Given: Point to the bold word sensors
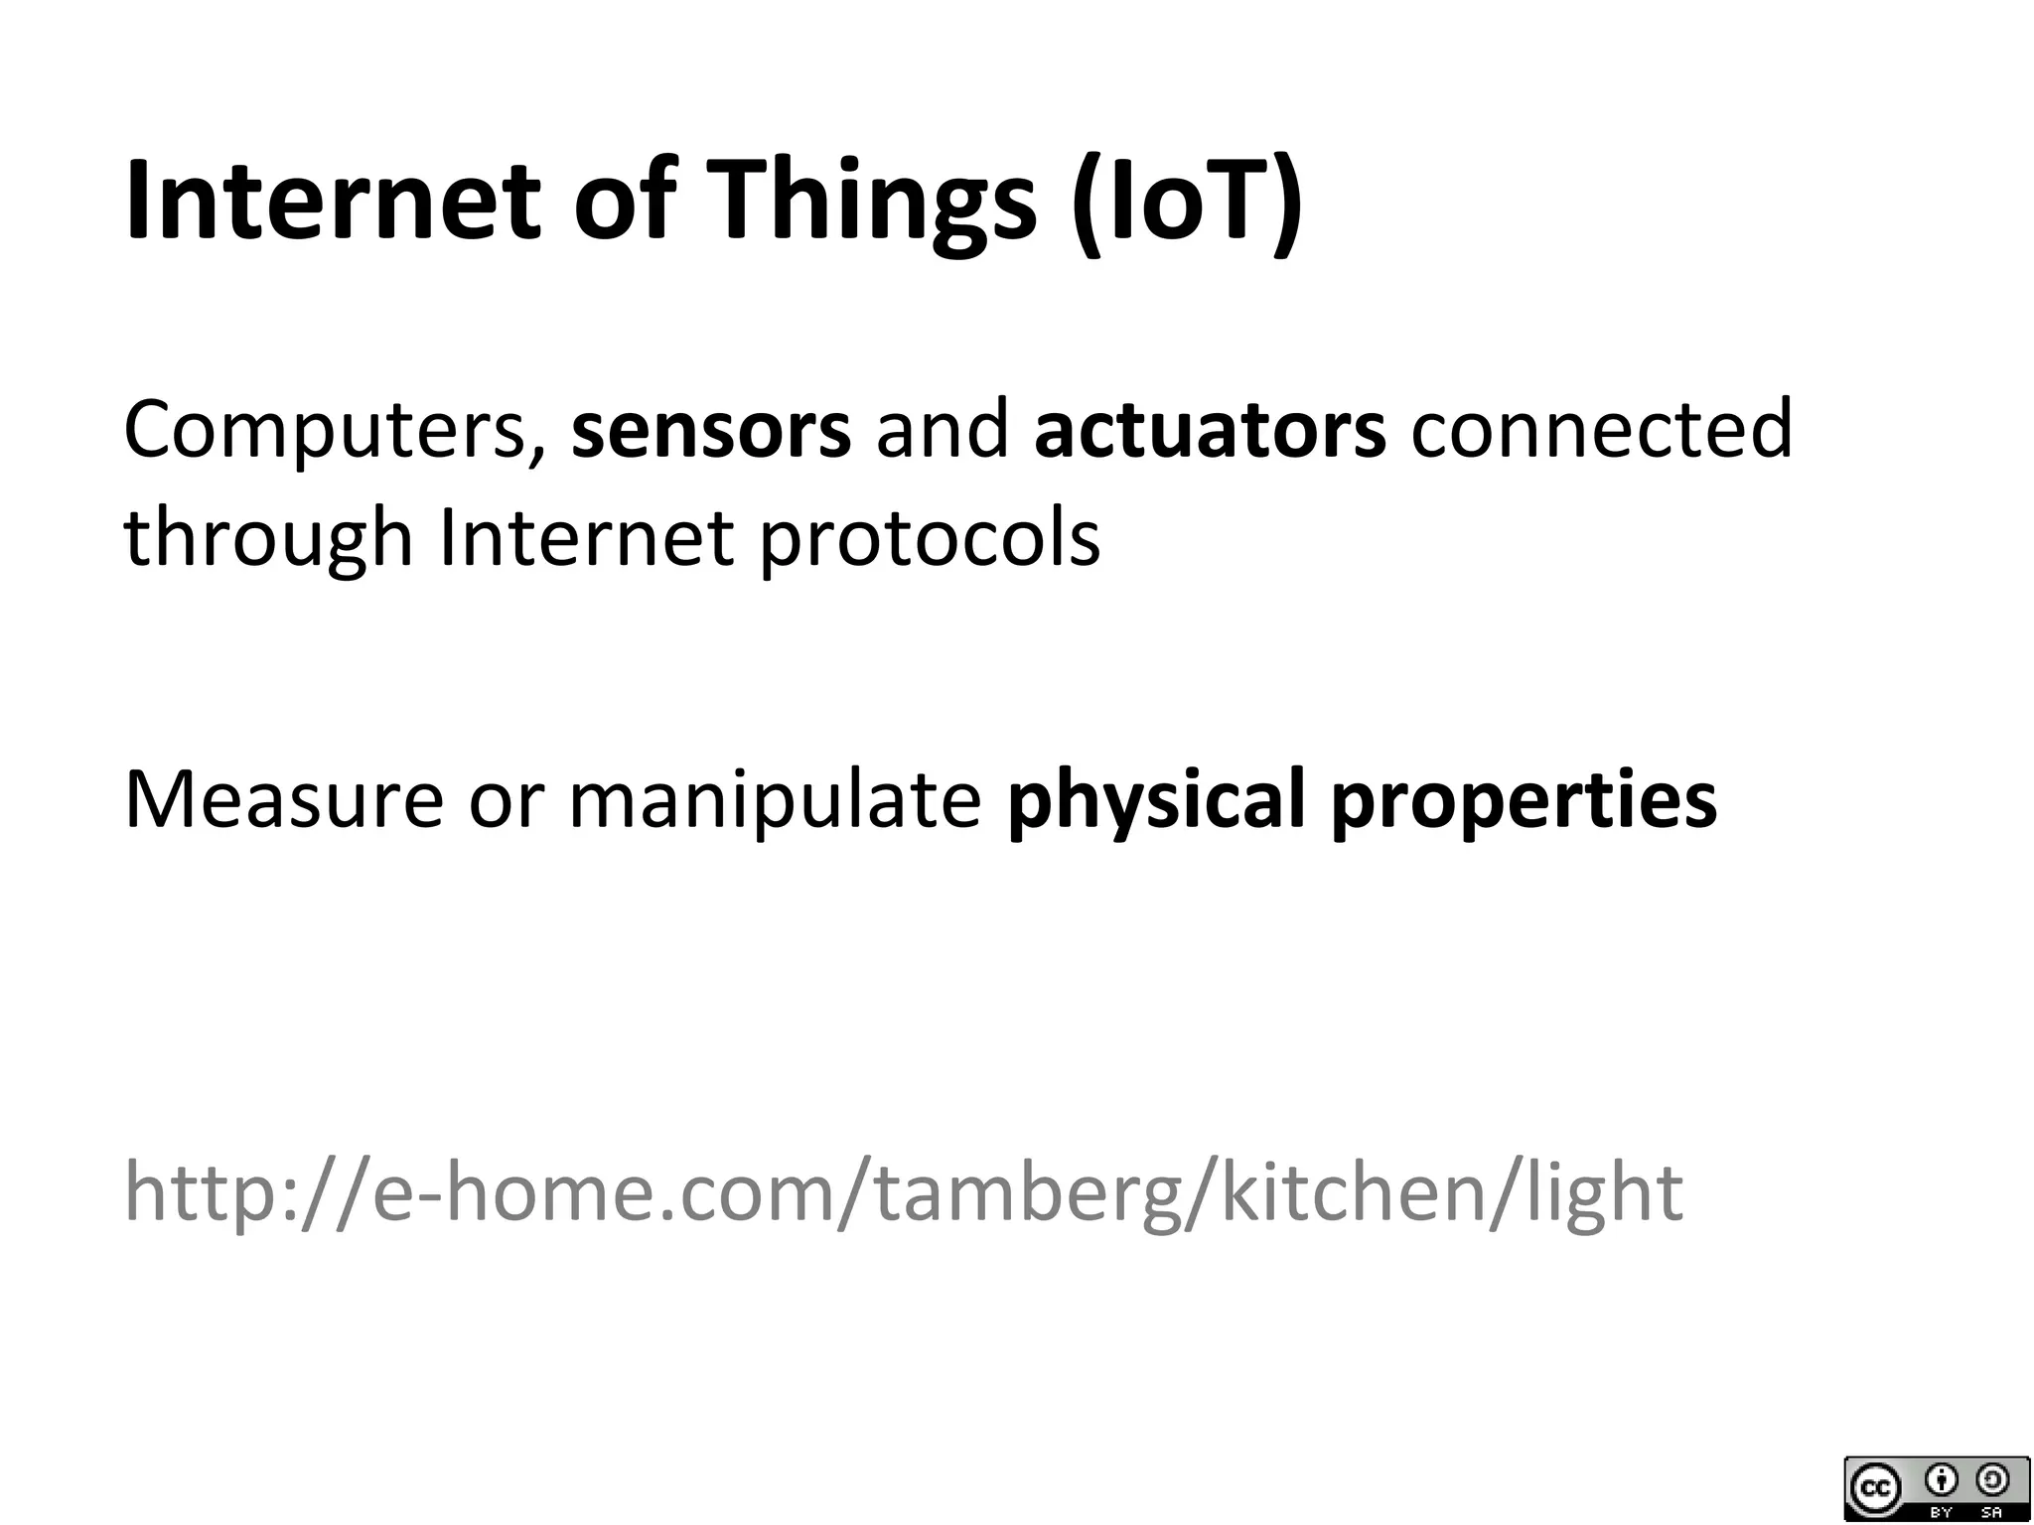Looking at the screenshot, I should point(711,430).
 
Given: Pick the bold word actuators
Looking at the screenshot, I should point(1210,430).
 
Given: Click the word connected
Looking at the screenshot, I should point(1602,430).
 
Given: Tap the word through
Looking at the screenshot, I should point(268,539).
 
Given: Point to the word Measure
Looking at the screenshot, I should point(283,800).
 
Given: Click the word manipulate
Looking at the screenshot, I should point(775,800).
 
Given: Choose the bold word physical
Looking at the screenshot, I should point(1155,800).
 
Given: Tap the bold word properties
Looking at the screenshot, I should point(1524,800).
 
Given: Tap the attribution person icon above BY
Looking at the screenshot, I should point(1941,1480).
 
